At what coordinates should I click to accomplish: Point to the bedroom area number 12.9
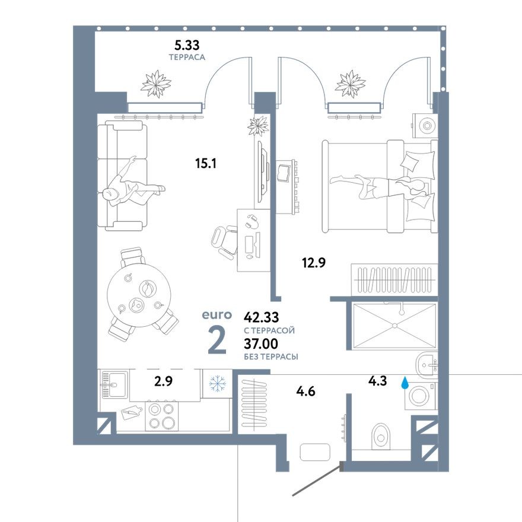click(x=313, y=262)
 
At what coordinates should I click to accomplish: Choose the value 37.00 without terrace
click(x=261, y=344)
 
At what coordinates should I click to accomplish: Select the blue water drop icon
click(x=405, y=383)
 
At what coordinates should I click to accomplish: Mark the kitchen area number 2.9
click(x=163, y=381)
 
